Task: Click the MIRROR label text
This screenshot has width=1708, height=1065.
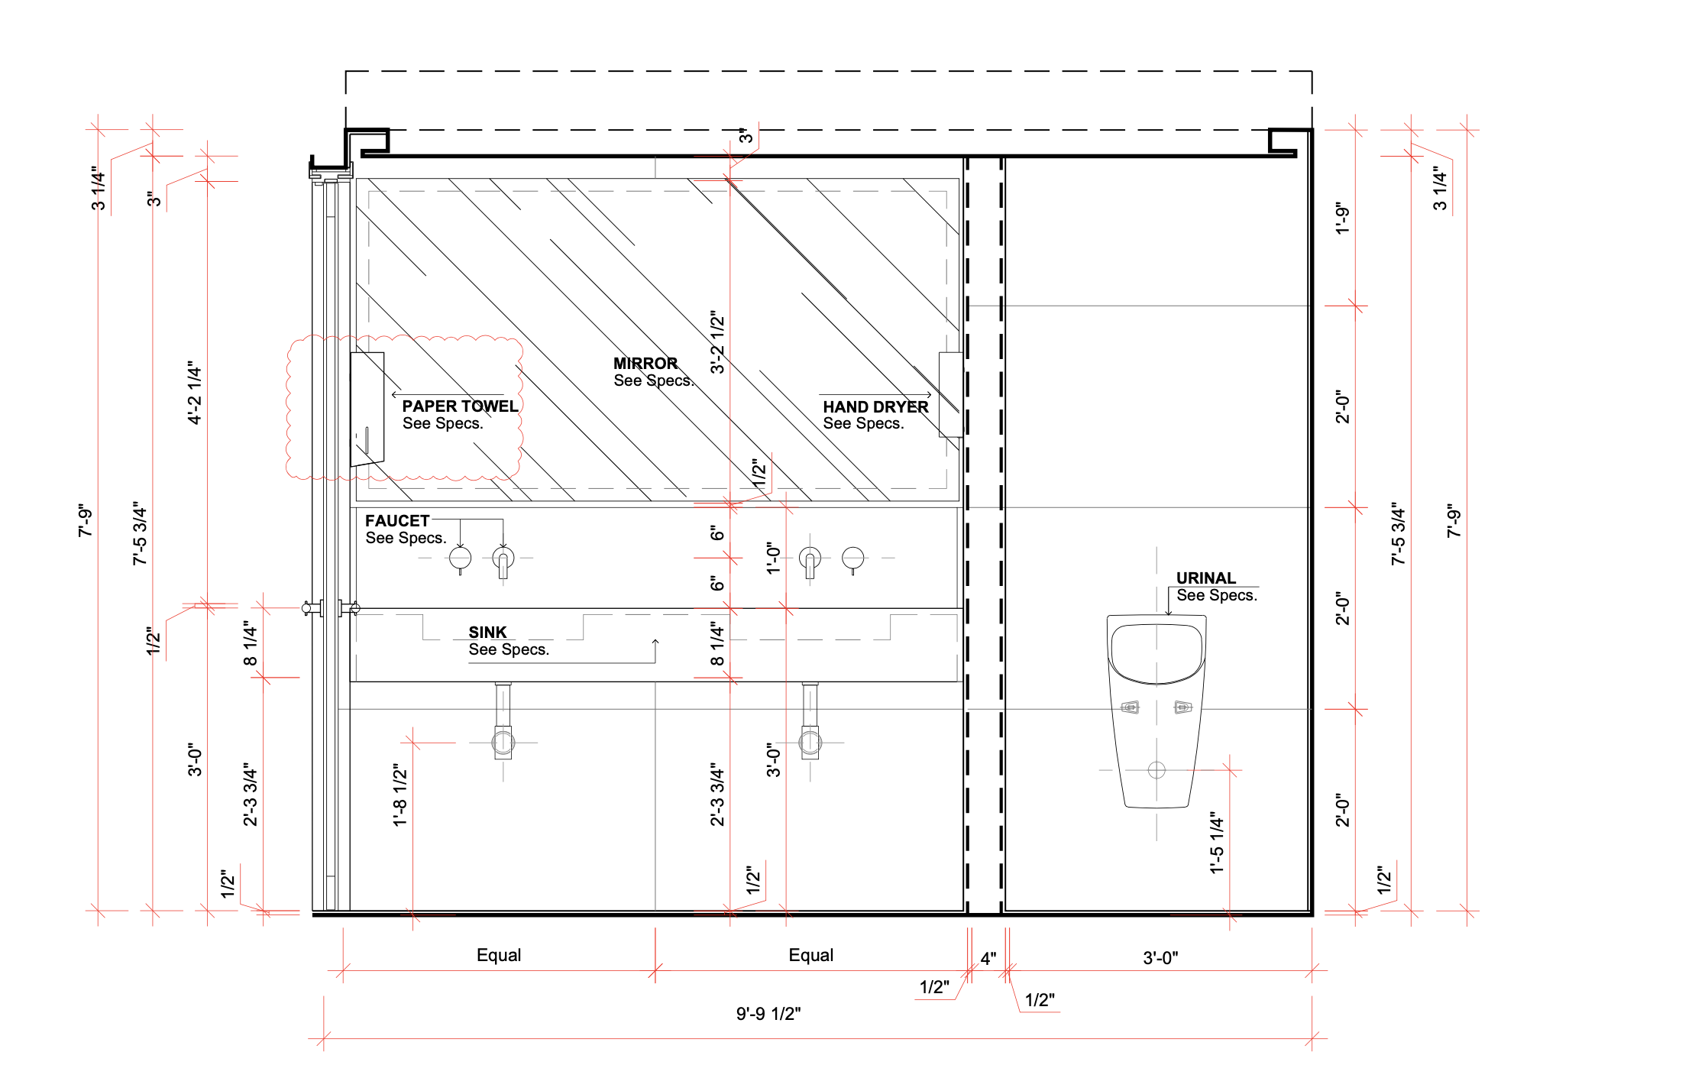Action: click(x=645, y=364)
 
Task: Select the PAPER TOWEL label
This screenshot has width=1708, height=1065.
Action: click(x=460, y=406)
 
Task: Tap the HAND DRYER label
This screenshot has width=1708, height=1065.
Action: click(x=875, y=407)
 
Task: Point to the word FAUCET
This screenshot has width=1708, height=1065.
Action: click(x=397, y=521)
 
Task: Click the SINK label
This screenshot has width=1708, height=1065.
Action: click(x=487, y=633)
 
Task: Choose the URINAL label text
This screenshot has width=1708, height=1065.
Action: click(x=1205, y=578)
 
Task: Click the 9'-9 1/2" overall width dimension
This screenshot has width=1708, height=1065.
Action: click(x=768, y=1014)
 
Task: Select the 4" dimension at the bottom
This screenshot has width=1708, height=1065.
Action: click(x=988, y=959)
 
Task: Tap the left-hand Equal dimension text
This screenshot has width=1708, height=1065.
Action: click(x=499, y=955)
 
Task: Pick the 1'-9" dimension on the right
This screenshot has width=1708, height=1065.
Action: click(x=1343, y=219)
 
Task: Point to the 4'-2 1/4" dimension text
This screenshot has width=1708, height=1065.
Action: click(x=195, y=393)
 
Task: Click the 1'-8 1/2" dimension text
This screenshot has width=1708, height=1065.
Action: click(x=400, y=795)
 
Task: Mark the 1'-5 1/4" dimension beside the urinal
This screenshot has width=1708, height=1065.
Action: click(x=1217, y=843)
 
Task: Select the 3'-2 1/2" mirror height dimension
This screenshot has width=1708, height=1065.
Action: click(x=717, y=342)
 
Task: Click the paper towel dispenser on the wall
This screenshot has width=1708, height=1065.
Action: click(x=367, y=409)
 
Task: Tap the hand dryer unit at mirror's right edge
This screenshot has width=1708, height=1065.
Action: click(x=950, y=394)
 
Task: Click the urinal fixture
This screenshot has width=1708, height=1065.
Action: click(x=1156, y=711)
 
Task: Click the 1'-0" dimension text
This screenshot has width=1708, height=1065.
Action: click(x=774, y=558)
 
